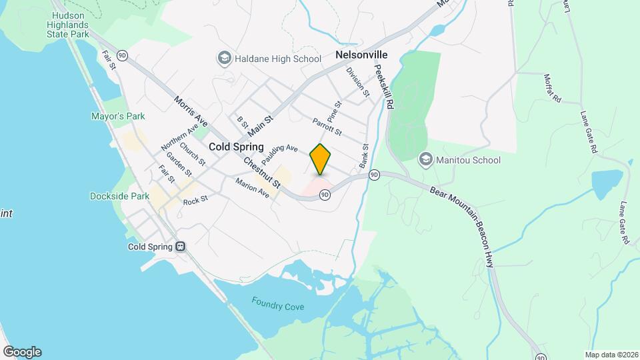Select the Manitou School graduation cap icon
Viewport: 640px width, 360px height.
pyautogui.click(x=425, y=160)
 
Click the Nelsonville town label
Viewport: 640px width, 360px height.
pyautogui.click(x=362, y=55)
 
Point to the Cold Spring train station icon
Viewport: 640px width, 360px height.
pyautogui.click(x=180, y=247)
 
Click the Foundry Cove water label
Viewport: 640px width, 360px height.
pyautogui.click(x=277, y=303)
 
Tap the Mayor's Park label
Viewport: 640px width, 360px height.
pyautogui.click(x=118, y=116)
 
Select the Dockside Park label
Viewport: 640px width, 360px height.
pyautogui.click(x=119, y=196)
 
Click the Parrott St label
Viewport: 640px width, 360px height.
pyautogui.click(x=326, y=126)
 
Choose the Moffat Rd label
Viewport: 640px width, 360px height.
pyautogui.click(x=553, y=88)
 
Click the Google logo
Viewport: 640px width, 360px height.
pyautogui.click(x=22, y=351)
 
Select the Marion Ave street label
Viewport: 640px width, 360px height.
pyautogui.click(x=253, y=187)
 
